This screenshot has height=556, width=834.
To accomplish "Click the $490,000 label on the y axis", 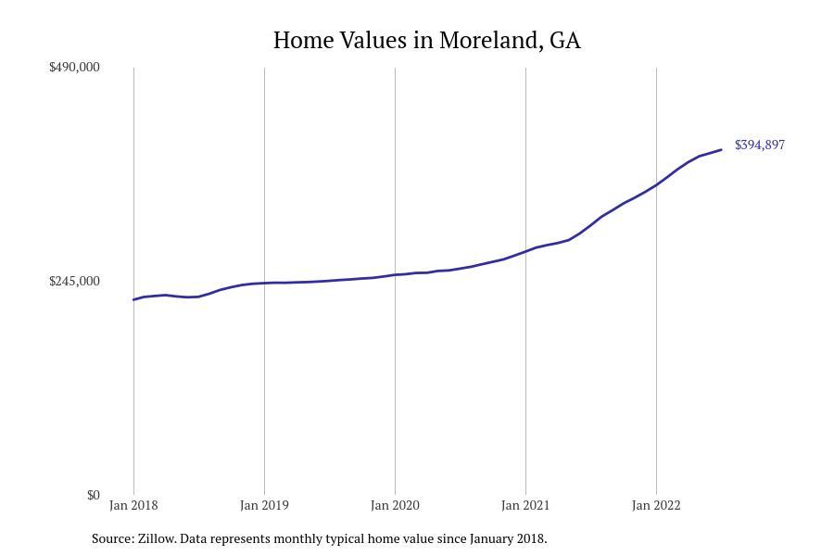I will [x=74, y=67].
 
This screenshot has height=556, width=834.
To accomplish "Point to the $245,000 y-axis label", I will [x=74, y=281].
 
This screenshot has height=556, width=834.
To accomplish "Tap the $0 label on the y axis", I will [x=93, y=495].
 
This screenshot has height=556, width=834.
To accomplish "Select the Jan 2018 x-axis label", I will [x=133, y=505].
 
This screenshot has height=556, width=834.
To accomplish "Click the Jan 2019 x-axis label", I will [x=264, y=505].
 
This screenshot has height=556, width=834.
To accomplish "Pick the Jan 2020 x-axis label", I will [x=395, y=505].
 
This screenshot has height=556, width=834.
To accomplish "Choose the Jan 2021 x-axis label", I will [x=525, y=505].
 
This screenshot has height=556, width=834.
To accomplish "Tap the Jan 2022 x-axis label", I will [x=656, y=505].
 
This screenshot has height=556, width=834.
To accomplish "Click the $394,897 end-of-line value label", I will [x=760, y=145].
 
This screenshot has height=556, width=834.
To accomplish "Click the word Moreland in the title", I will [x=490, y=41].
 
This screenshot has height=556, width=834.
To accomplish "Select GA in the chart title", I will [x=564, y=41].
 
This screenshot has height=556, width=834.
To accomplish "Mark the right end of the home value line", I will [x=721, y=150].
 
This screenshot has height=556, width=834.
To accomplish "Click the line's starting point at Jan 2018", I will [x=134, y=299].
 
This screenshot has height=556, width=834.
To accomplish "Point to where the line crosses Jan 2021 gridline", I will [x=525, y=251].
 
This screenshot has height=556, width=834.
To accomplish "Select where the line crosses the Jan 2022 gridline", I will [x=656, y=184].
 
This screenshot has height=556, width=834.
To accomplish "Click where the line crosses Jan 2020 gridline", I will [x=395, y=274].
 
